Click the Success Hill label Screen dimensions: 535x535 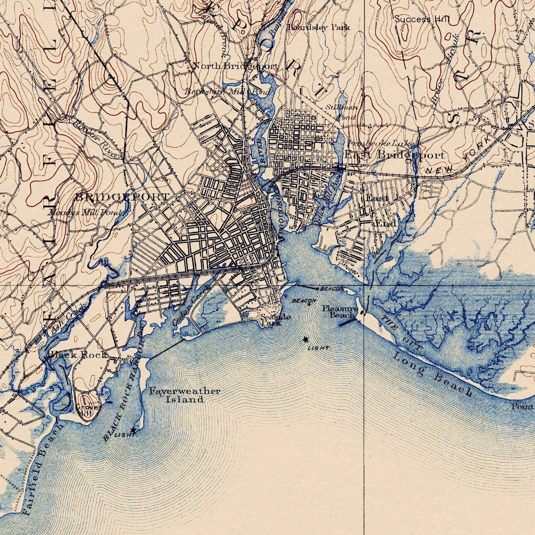click(421, 19)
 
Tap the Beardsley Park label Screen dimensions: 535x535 click(319, 27)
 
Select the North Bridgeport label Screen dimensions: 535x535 click(236, 66)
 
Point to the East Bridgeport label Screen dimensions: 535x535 click(394, 156)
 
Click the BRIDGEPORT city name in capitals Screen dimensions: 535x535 click(122, 197)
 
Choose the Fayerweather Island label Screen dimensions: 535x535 click(185, 395)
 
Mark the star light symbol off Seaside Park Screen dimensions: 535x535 click(306, 340)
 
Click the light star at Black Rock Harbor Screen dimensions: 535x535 click(133, 431)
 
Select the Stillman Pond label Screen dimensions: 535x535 click(342, 112)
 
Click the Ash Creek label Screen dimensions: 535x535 click(66, 319)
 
